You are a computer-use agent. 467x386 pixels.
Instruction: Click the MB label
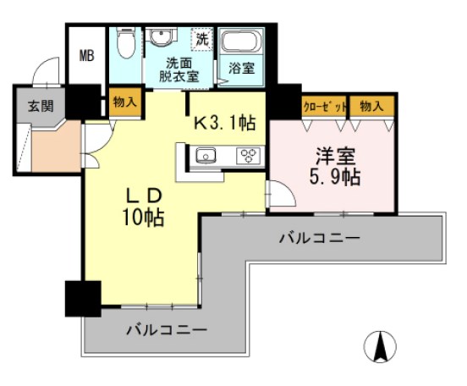click(87, 57)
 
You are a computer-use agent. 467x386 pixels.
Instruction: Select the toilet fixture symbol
click(124, 41)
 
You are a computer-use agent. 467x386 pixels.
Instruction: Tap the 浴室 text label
click(242, 69)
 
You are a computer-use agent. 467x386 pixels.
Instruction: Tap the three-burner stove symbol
click(249, 155)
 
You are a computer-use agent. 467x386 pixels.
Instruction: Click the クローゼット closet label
click(325, 106)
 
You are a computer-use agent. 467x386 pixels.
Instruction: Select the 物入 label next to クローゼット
click(371, 106)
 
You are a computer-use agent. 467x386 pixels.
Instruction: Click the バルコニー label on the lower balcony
click(168, 328)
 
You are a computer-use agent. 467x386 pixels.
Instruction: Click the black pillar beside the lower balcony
click(79, 299)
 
